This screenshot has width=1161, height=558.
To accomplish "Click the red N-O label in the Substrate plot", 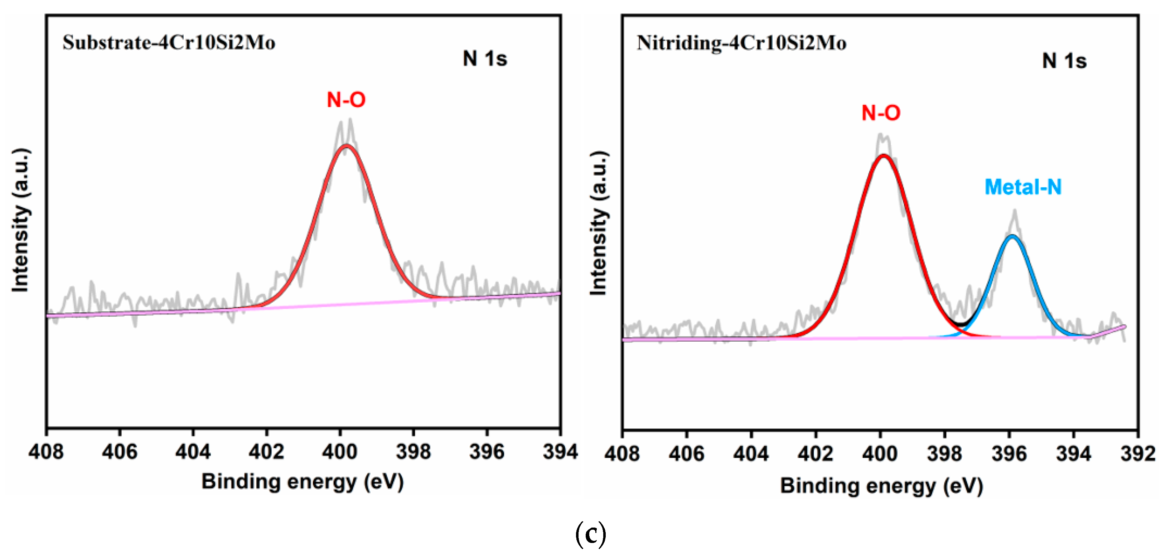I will coord(346,100).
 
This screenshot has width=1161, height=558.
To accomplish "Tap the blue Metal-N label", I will coord(1023,187).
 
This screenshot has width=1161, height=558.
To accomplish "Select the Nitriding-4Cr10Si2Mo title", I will coord(741,43).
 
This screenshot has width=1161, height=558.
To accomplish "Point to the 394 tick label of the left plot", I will coord(560,452).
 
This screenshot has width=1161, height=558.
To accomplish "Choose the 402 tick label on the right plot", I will coord(815,453).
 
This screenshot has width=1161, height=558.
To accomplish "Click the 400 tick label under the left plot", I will coord(340,452).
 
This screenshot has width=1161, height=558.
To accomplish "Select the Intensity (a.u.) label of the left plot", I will coord(20,220).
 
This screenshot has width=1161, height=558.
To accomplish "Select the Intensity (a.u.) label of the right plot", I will coord(599,223).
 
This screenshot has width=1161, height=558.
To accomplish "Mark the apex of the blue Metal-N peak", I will coord(1012,236).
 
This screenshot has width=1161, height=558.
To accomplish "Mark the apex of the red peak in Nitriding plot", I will coord(884,155).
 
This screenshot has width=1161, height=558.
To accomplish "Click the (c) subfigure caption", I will coord(590,534).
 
